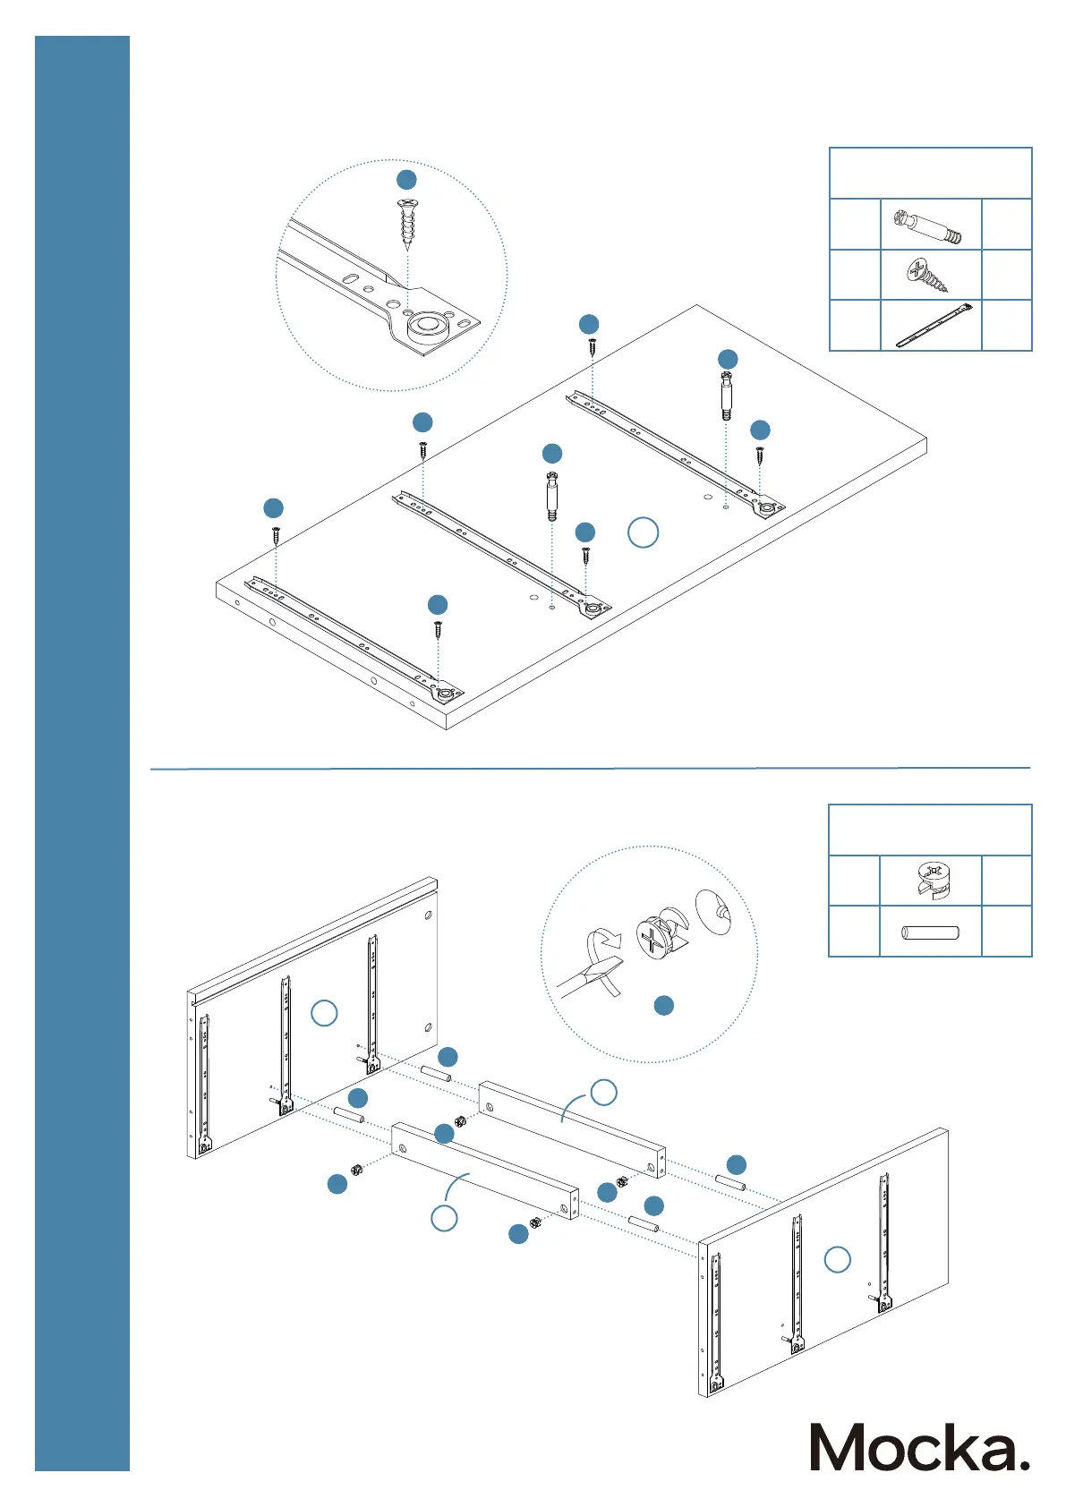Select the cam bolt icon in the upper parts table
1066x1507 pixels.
[931, 225]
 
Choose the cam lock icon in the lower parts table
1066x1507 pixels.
[932, 881]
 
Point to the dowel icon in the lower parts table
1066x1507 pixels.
[931, 932]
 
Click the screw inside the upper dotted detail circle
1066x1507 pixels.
[407, 223]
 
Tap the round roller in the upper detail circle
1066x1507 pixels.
[428, 326]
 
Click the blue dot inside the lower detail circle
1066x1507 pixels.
[664, 1006]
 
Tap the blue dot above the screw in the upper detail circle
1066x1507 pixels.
[406, 179]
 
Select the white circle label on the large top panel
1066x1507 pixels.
[643, 532]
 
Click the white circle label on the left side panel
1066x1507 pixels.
[324, 1013]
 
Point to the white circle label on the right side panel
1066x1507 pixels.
[837, 1260]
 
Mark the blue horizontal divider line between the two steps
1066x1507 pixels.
[590, 768]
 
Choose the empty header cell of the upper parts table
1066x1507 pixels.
[931, 174]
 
